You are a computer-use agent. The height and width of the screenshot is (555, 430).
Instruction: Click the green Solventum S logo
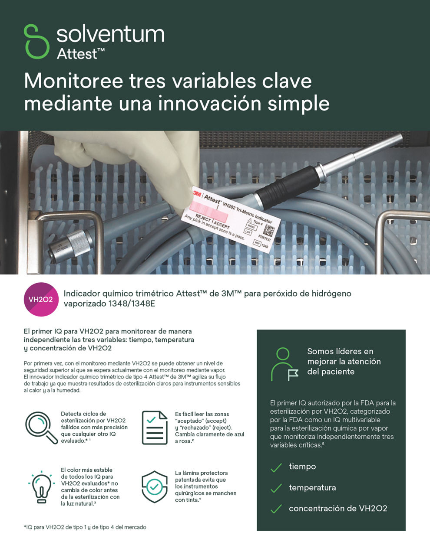36,41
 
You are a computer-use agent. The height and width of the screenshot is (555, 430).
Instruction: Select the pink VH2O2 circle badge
41,299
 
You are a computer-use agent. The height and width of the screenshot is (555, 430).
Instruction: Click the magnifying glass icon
41,428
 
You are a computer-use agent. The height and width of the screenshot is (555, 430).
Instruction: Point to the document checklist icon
155,428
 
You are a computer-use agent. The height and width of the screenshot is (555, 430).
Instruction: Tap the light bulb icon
41,486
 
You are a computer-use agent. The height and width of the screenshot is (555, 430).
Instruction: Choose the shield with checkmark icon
155,486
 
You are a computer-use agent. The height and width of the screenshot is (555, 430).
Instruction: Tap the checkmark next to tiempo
276,467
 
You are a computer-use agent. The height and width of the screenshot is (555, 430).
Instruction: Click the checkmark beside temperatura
276,489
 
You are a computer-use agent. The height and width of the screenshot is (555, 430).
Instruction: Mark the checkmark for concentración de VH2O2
276,509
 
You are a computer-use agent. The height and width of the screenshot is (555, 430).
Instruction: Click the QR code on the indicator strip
269,229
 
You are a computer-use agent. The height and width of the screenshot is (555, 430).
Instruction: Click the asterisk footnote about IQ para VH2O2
85,527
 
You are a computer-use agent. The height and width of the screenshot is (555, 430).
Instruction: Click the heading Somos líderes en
340,351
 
